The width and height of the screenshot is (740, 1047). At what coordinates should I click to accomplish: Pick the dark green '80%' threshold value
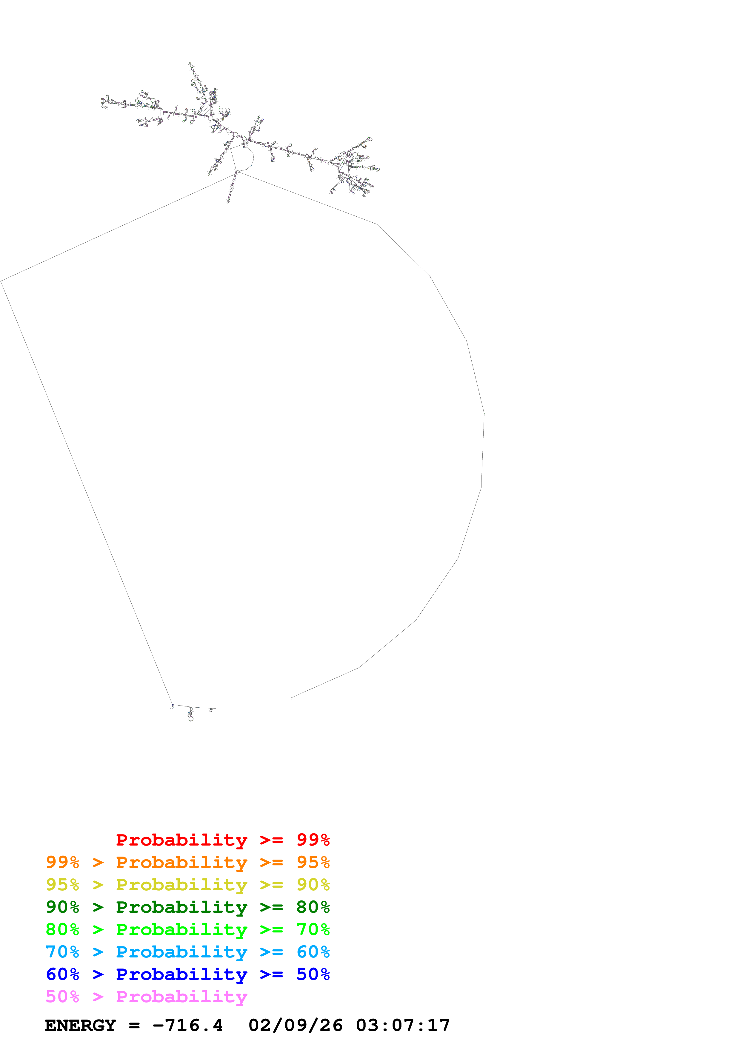(x=313, y=907)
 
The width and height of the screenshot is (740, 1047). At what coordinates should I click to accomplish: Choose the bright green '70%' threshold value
(x=313, y=929)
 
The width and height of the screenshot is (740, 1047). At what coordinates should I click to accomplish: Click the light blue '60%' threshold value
(x=313, y=952)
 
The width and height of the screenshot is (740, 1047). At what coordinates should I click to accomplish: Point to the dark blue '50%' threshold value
(x=313, y=974)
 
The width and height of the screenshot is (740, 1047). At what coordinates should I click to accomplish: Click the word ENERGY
(x=80, y=1026)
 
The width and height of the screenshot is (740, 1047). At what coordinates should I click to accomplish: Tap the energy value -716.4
(x=187, y=1026)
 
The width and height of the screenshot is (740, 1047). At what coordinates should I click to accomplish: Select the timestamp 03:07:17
(x=403, y=1026)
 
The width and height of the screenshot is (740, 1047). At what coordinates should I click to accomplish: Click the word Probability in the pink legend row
(x=181, y=997)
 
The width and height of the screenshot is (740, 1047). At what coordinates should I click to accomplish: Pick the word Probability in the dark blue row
(x=181, y=974)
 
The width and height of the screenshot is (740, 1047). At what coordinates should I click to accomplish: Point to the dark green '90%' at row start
(x=62, y=907)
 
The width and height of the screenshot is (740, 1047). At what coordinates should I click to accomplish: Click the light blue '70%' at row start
(x=62, y=952)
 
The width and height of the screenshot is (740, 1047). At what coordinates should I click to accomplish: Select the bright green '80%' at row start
(x=62, y=929)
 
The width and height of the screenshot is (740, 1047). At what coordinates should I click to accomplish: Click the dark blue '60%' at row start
(x=62, y=974)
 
